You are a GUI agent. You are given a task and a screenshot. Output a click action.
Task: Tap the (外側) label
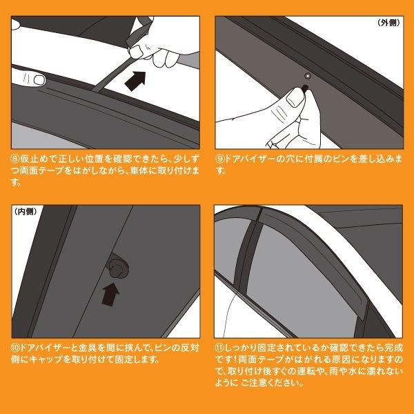(389, 23)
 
